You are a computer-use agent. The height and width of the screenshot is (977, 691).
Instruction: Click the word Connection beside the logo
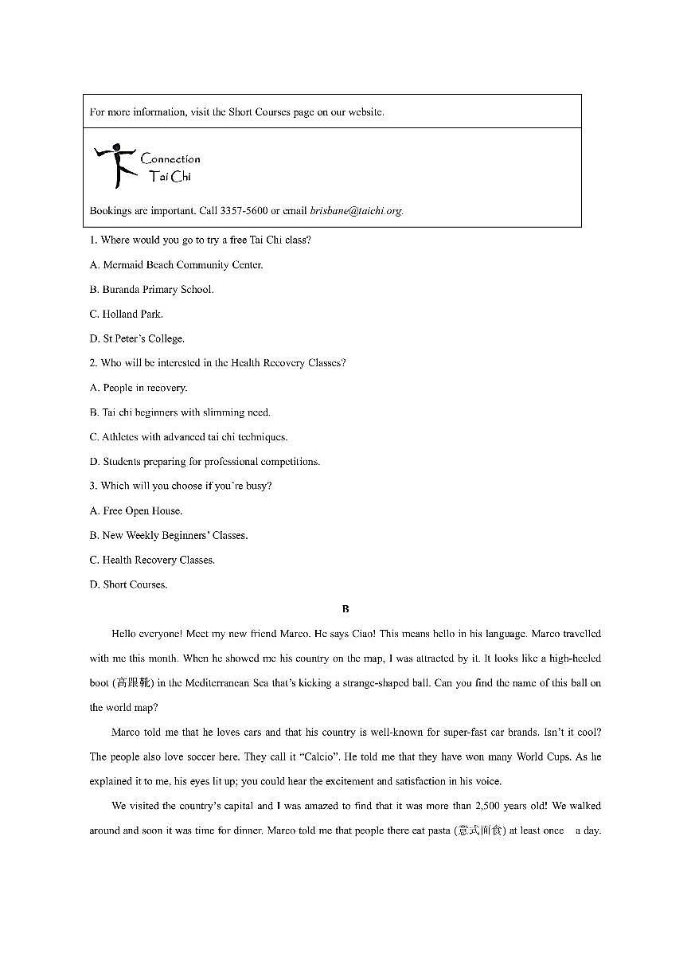click(x=170, y=159)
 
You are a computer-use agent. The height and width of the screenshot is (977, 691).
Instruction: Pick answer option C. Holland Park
click(x=127, y=315)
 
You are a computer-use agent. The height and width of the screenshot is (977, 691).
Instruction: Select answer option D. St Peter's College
click(x=137, y=339)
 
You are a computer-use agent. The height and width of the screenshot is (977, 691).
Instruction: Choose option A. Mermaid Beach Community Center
click(x=176, y=265)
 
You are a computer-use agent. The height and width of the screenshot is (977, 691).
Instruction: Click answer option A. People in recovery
click(x=139, y=388)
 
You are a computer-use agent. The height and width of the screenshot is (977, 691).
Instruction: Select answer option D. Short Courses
click(x=129, y=584)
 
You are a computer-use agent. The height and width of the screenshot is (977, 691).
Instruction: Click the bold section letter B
click(x=345, y=609)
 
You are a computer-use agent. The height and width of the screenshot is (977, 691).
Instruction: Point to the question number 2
click(x=92, y=363)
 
